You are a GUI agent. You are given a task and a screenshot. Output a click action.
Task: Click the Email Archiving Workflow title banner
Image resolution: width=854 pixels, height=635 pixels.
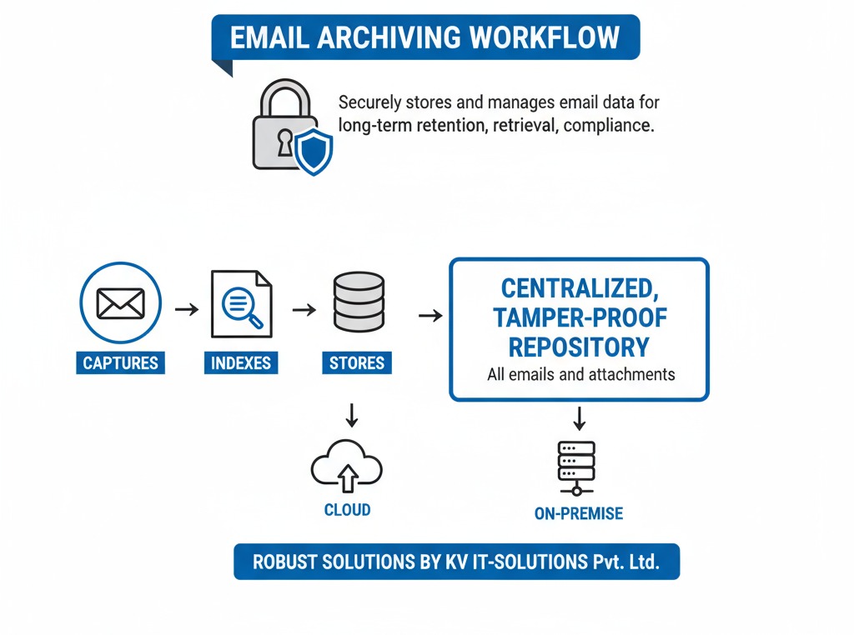pos(425,37)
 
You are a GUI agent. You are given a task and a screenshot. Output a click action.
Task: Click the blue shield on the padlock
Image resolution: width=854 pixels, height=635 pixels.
pos(314,152)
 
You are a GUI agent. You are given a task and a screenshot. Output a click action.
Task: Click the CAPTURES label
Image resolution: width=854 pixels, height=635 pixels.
pos(120,363)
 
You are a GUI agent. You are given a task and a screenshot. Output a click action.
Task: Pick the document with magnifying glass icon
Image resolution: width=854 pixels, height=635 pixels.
pos(241,303)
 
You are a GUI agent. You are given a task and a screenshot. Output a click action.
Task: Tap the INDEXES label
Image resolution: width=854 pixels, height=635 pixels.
pos(240,363)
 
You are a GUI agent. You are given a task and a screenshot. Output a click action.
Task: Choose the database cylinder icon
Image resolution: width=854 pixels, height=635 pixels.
pos(358,302)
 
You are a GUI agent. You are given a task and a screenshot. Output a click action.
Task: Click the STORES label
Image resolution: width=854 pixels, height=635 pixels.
pos(357,363)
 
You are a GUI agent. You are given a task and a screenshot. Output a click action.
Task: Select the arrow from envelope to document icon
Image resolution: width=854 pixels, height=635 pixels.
pos(187,309)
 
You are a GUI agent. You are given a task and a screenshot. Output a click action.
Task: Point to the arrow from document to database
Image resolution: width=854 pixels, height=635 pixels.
pos(304,309)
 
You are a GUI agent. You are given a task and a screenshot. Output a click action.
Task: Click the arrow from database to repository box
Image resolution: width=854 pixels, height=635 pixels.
pos(430,316)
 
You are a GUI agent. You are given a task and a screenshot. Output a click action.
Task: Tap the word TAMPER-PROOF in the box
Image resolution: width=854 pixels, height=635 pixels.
pos(580,317)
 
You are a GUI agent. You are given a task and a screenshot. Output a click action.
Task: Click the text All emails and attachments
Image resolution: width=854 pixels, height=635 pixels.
pos(580,374)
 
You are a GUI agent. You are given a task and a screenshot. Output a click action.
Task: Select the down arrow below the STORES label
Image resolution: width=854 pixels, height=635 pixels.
pos(351,414)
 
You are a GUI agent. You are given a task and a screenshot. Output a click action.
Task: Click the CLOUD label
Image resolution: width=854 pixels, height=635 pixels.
pos(347,509)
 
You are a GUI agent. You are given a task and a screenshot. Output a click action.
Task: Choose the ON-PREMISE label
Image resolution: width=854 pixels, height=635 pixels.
pos(578,513)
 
